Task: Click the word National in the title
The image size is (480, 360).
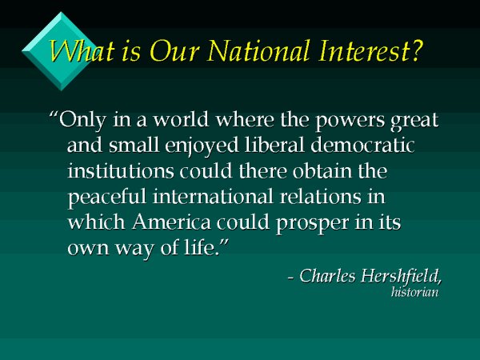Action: pos(244,53)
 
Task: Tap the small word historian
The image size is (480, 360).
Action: pos(416,292)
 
